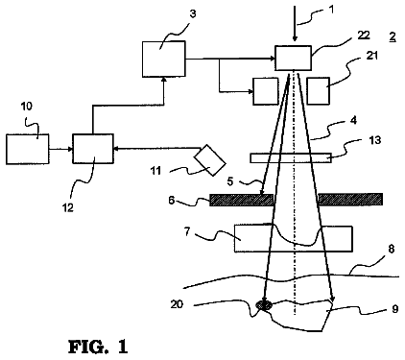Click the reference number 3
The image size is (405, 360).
click(x=193, y=14)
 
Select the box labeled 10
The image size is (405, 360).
click(x=28, y=149)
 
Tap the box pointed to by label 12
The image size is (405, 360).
click(x=93, y=149)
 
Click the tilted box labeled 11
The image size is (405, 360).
click(x=210, y=160)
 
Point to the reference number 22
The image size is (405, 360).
click(x=364, y=36)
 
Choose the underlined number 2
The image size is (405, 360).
click(x=393, y=37)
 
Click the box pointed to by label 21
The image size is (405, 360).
click(x=318, y=91)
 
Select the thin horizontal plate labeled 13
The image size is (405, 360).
click(x=291, y=158)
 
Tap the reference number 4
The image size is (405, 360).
click(x=353, y=121)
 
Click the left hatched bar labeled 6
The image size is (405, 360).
click(x=242, y=200)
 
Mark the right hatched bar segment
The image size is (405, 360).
click(x=350, y=199)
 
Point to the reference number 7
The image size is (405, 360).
click(x=187, y=231)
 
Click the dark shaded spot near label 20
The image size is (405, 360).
click(x=264, y=305)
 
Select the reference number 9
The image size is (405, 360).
click(x=395, y=309)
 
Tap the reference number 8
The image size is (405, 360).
click(x=392, y=249)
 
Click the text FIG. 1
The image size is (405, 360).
click(x=98, y=347)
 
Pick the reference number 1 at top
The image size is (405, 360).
click(x=331, y=10)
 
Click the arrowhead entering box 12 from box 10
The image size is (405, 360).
click(x=70, y=149)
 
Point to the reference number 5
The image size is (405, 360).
click(x=230, y=181)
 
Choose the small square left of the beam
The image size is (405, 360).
click(x=266, y=91)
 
